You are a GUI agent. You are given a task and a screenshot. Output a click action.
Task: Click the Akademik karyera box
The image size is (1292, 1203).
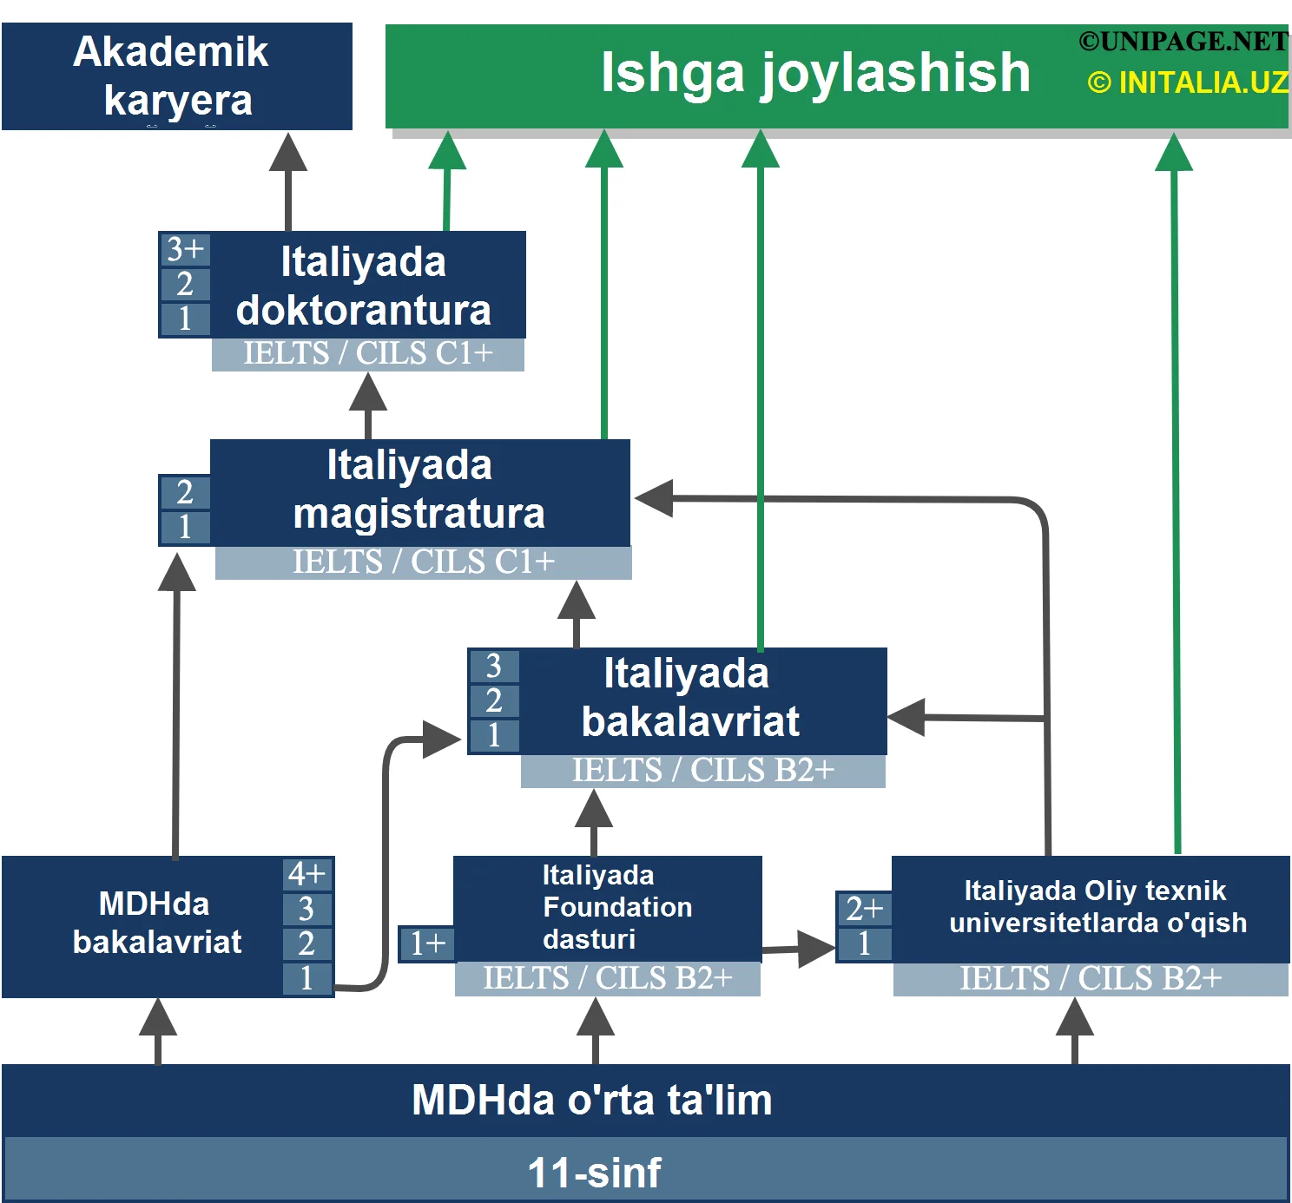click(176, 76)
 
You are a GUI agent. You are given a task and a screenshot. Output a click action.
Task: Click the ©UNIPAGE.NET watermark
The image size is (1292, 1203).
click(1183, 41)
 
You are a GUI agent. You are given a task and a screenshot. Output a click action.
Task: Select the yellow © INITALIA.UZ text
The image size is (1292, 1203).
click(1187, 82)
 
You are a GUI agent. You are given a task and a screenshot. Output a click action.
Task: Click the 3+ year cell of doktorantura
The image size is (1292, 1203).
click(185, 249)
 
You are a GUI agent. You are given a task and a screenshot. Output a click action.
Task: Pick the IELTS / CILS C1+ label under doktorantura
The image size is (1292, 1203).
click(367, 354)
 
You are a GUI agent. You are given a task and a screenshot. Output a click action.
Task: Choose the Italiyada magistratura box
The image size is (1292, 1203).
click(419, 490)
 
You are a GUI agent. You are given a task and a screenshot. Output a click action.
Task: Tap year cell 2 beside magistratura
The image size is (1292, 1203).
click(185, 492)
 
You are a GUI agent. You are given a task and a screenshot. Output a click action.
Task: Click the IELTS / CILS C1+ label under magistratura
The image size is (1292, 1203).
click(423, 562)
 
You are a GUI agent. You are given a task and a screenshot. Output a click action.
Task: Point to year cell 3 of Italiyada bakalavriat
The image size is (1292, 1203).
click(494, 666)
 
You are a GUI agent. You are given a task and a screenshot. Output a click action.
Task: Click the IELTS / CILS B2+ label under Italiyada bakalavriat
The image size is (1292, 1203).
click(702, 771)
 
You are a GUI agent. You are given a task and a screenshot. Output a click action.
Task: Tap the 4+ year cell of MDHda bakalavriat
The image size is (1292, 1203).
click(307, 874)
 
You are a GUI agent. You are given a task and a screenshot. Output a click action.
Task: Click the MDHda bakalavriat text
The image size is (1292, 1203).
click(156, 923)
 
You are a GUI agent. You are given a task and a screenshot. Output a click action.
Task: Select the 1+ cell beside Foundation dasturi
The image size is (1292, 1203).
click(427, 943)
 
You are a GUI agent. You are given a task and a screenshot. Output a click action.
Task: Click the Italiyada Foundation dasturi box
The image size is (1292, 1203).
click(608, 907)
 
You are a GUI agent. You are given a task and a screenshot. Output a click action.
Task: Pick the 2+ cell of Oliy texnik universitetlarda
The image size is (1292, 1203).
click(864, 909)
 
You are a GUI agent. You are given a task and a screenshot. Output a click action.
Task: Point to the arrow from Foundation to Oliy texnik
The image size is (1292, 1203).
click(799, 949)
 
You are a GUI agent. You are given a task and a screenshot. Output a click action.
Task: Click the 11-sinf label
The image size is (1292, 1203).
click(594, 1173)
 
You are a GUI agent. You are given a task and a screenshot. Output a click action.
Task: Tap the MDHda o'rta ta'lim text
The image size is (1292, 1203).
click(592, 1101)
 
